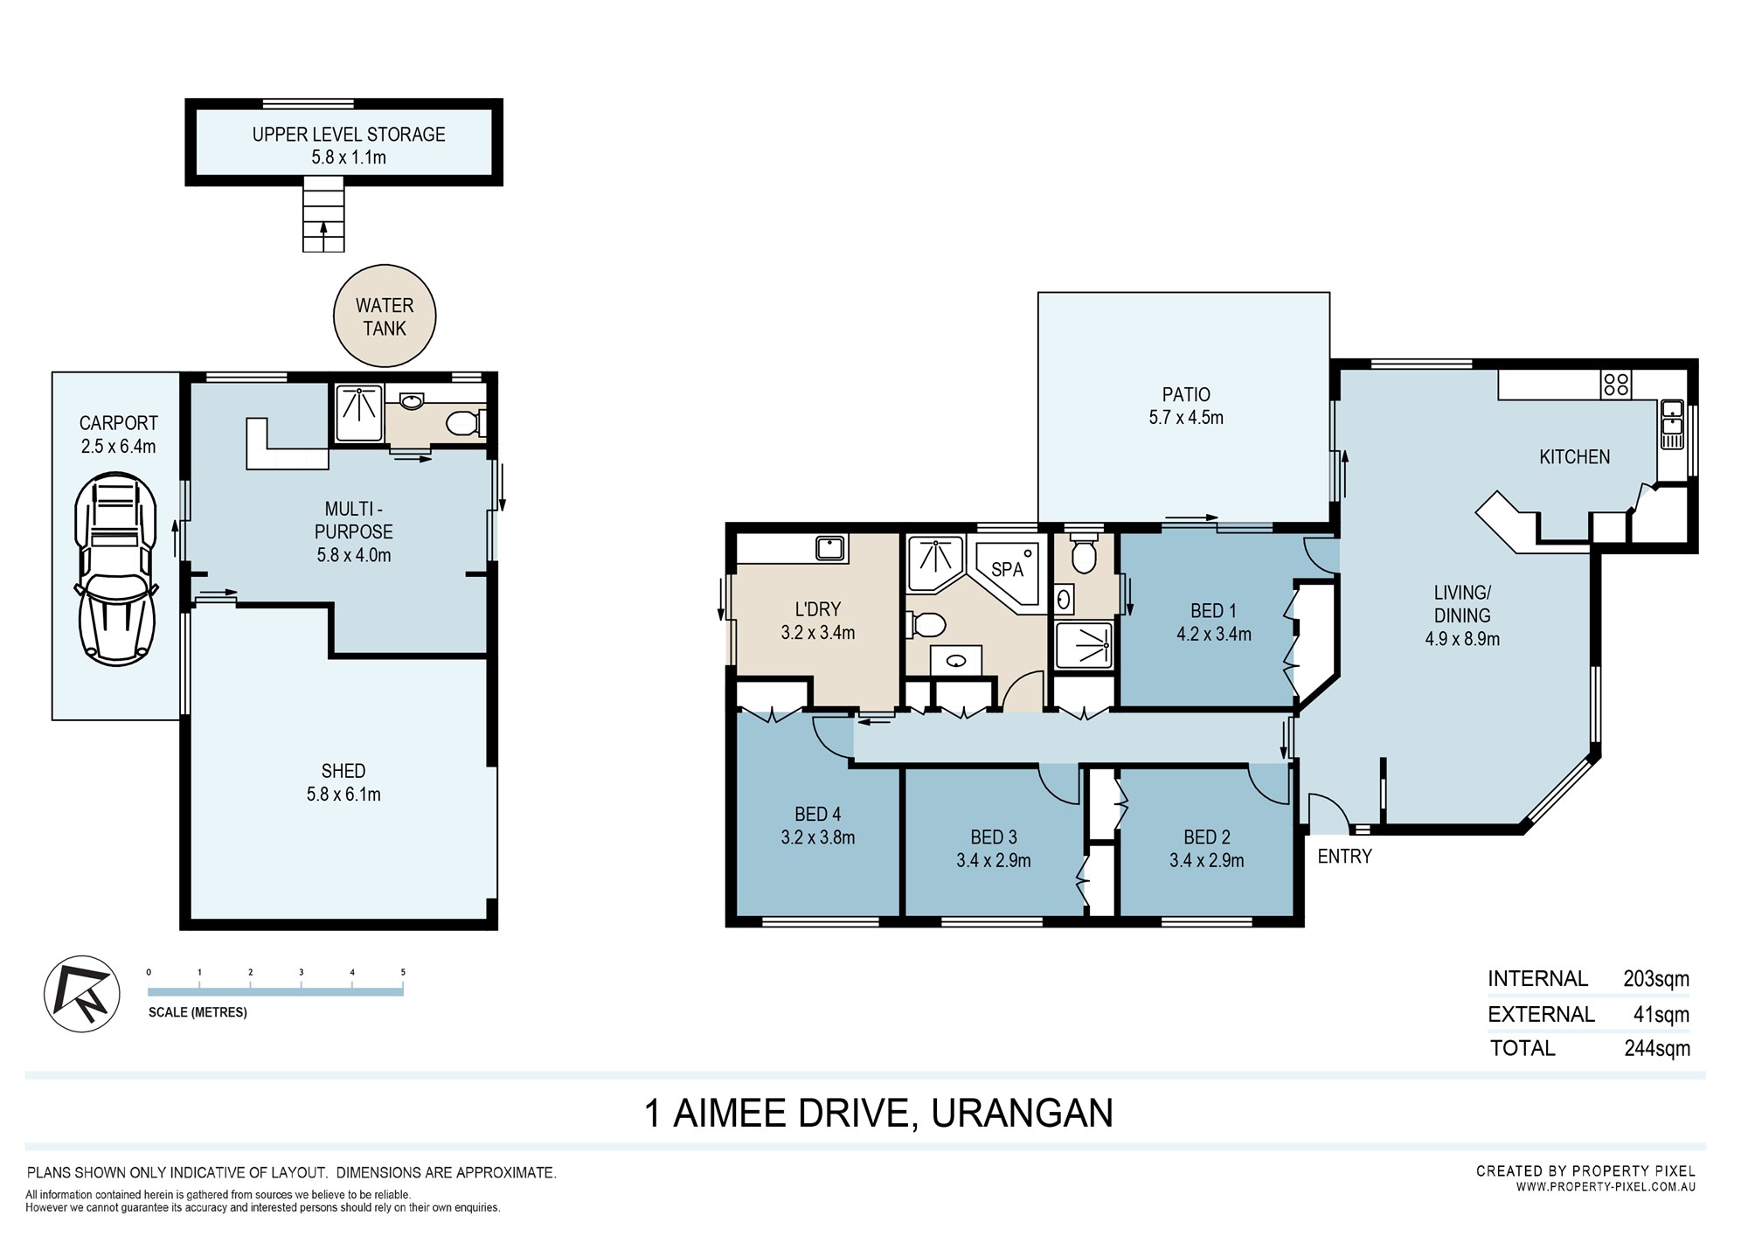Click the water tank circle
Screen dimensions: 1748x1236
pos(385,316)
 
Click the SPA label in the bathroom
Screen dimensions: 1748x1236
pos(1007,570)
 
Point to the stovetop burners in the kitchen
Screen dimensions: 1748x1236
pos(1616,384)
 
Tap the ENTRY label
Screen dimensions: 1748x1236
pos(1344,857)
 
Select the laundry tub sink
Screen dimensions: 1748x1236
pos(830,549)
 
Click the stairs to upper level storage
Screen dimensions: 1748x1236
pos(323,214)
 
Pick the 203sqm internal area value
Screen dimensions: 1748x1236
pos(1656,979)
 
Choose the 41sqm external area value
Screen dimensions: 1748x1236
pos(1661,1015)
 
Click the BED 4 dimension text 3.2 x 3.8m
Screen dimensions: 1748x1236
pos(818,837)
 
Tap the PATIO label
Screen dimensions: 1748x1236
pos(1186,394)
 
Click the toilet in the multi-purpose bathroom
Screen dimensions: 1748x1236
pos(463,424)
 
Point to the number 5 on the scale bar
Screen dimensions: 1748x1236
pos(403,972)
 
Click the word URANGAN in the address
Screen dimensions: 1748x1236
pos(1022,1114)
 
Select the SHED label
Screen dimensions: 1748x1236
pos(343,771)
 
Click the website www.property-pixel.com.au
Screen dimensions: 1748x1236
pos(1606,1187)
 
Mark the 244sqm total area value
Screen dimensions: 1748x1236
pos(1657,1048)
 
